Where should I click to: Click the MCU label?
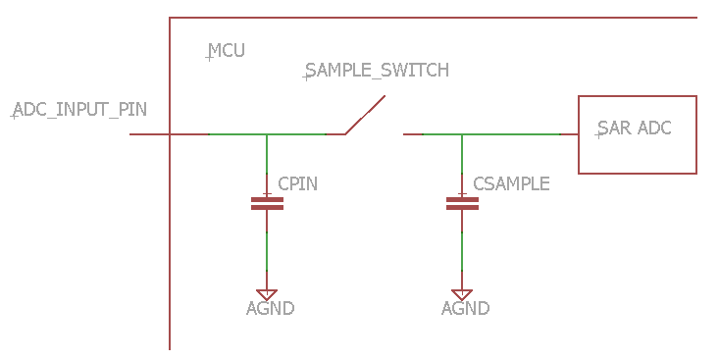coord(227,51)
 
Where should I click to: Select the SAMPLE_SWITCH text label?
coord(377,71)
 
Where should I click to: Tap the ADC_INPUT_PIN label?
coord(79,109)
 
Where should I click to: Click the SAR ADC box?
coord(637,134)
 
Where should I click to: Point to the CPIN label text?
coord(297,184)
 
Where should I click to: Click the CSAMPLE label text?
coord(511,184)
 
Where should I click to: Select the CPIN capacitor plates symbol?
coord(267,203)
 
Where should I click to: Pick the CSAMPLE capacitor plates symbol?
coord(462,203)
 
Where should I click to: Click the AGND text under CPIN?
coord(270,309)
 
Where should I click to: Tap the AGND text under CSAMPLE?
coord(465,309)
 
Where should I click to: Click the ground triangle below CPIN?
coord(267,294)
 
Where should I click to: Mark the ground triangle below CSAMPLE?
coord(462,294)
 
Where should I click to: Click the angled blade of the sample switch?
coord(365,115)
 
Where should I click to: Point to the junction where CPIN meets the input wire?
coord(267,134)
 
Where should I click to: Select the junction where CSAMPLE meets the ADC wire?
coord(462,134)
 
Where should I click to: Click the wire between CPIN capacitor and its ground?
coord(267,250)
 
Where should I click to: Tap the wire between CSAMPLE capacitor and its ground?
coord(462,250)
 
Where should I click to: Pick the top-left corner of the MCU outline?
coord(170,18)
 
